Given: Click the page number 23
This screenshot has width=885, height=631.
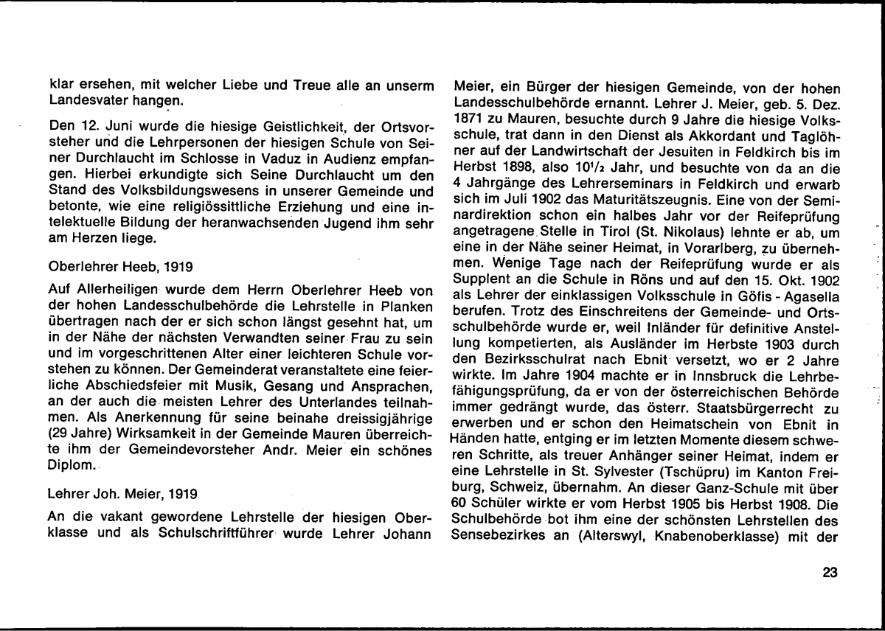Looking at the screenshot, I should [x=830, y=573].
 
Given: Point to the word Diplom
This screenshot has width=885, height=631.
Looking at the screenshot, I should [x=71, y=467].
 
